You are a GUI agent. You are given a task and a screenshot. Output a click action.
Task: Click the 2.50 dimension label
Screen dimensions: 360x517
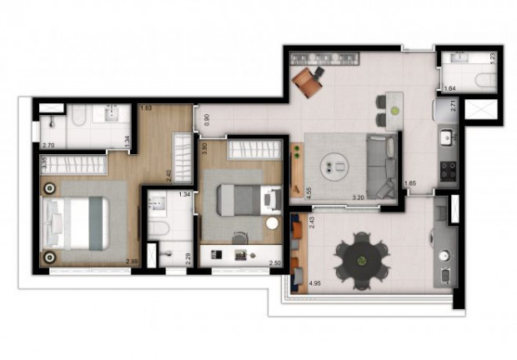274,263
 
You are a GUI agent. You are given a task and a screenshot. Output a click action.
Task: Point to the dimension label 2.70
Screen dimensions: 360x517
48,145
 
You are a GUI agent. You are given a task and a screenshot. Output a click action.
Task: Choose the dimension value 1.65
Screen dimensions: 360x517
409,183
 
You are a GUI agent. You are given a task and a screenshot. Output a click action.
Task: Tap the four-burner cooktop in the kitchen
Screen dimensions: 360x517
448,170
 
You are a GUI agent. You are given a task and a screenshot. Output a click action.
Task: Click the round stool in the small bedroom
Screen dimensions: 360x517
271,223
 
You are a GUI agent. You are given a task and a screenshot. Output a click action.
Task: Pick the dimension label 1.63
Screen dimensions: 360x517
146,108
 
